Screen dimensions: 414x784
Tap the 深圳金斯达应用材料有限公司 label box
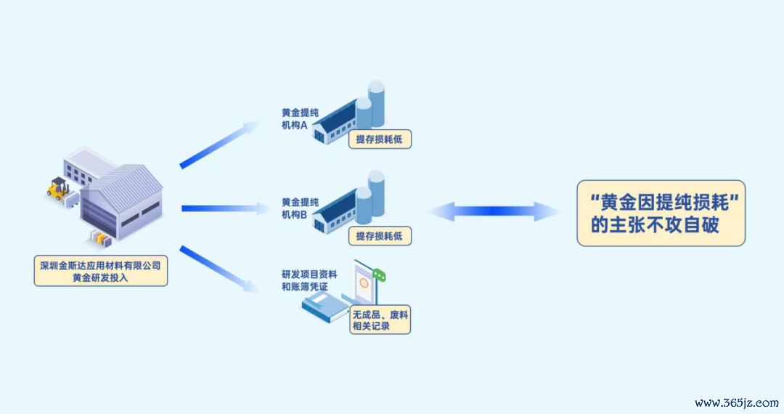(101, 269)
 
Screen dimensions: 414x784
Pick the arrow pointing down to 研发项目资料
(219, 270)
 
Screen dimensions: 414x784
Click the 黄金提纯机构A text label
(300, 118)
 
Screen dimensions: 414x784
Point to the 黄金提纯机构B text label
(300, 208)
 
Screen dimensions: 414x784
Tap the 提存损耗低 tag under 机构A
(379, 140)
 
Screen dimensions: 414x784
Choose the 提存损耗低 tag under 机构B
(379, 235)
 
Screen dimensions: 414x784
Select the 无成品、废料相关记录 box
(380, 320)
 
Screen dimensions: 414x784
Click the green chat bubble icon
(379, 275)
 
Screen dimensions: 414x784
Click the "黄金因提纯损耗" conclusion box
(661, 213)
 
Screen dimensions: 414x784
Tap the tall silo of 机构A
(376, 102)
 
